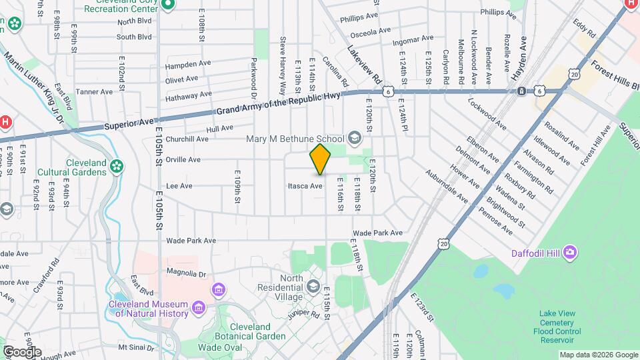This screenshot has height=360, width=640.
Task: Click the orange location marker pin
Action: (x=320, y=159)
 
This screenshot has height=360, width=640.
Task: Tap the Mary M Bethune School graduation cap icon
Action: (x=354, y=139)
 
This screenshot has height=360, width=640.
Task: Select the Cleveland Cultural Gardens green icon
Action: (x=118, y=165)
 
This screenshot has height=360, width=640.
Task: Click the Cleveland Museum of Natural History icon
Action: (x=198, y=307)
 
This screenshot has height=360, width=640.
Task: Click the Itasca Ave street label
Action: (x=305, y=186)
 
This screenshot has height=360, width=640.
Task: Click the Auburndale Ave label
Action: (x=447, y=186)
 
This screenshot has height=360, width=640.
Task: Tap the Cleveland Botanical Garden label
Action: (x=241, y=332)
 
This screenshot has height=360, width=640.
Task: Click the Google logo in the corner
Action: (x=22, y=351)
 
